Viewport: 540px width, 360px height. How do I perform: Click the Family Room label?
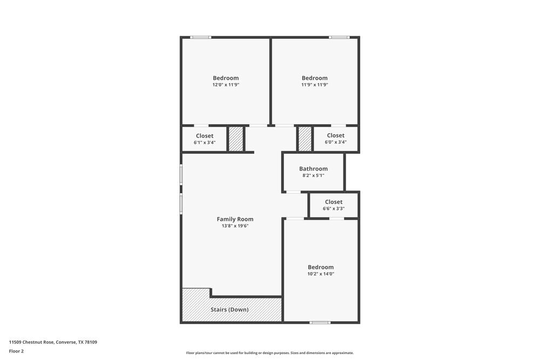[235, 219]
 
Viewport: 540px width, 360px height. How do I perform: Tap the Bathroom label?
[313, 169]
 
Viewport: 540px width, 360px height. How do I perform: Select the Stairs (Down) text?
[230, 310]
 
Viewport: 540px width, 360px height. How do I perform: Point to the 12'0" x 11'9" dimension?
[226, 85]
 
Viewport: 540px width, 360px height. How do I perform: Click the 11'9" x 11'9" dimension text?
[315, 85]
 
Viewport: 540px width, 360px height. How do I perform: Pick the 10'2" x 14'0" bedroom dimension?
[321, 274]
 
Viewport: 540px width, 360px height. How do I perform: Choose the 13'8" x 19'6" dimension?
[235, 226]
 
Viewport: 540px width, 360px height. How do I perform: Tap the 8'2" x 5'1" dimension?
[313, 175]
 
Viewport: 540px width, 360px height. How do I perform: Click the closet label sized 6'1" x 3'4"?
[205, 136]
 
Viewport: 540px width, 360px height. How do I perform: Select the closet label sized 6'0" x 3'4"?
[335, 135]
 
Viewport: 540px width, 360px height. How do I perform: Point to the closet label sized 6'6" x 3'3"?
[334, 202]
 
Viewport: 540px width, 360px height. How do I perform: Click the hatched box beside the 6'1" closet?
[236, 139]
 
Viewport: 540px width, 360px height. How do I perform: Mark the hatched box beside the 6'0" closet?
[305, 139]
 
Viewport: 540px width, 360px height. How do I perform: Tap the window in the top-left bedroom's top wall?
[200, 37]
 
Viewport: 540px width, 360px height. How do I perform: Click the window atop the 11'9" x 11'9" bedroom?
[339, 37]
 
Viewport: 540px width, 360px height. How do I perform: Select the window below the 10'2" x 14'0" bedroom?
[320, 323]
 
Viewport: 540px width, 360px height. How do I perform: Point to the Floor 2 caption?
[16, 351]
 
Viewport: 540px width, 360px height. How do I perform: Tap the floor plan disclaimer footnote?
[270, 353]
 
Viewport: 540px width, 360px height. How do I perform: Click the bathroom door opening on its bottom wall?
[293, 192]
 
